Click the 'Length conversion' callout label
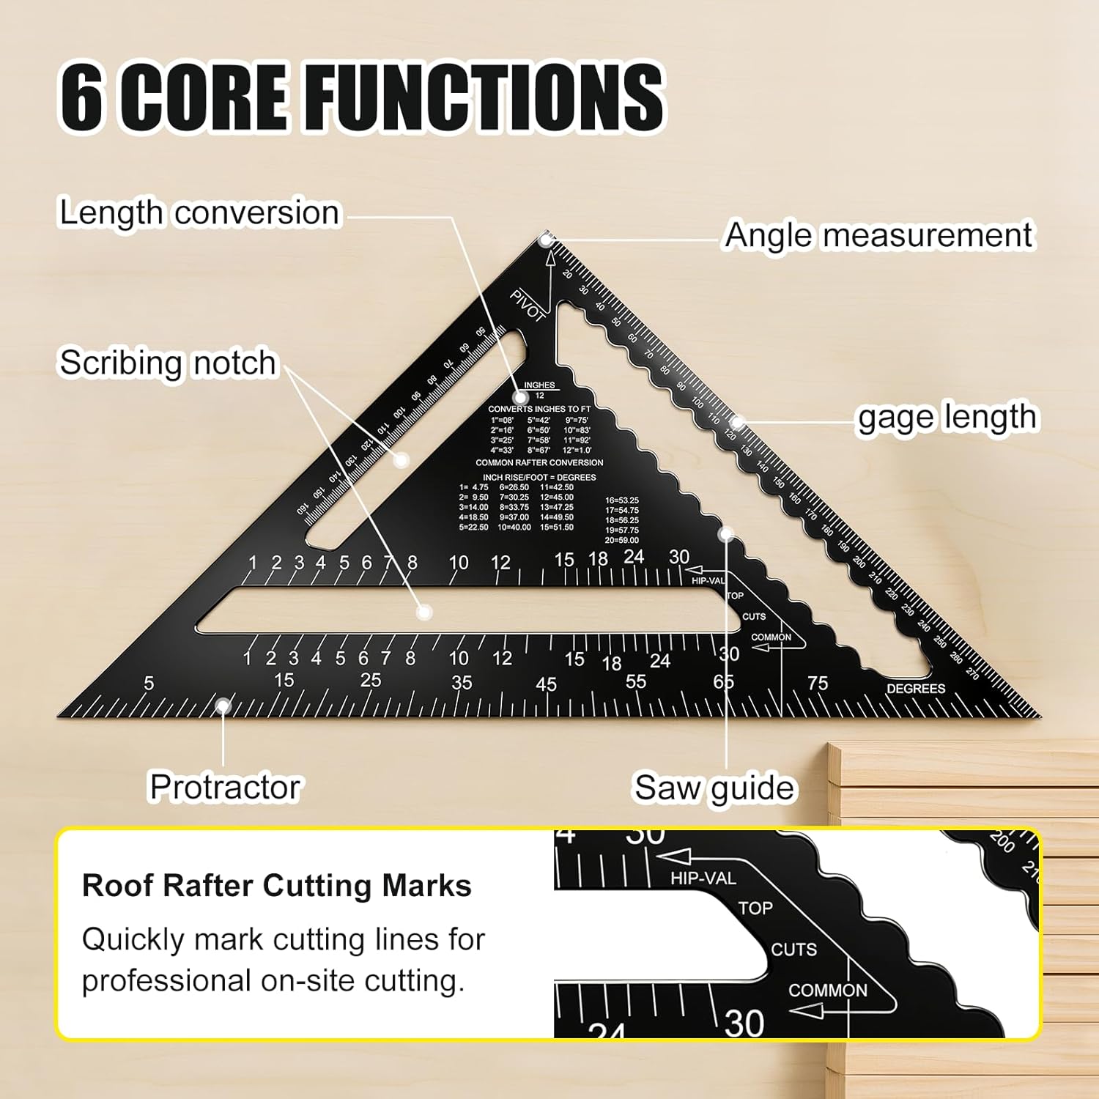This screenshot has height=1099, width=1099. coord(199,213)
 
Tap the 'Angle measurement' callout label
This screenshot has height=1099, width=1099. coord(878,236)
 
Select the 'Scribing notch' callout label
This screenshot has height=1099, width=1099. coord(168,363)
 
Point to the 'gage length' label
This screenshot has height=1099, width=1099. coord(947,418)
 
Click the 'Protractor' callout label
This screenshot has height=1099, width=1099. coord(225,787)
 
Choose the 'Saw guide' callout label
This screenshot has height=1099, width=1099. coord(714,788)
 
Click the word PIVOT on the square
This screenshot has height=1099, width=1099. coord(528,306)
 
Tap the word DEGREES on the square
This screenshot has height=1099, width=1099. coord(916,689)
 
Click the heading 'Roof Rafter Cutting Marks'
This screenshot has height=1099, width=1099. coord(276,885)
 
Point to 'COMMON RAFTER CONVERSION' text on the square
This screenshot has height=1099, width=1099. coord(539,463)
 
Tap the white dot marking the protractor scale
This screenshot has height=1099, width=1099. coord(223,706)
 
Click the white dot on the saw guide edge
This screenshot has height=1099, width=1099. coord(726,534)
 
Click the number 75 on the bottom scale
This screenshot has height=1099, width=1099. coord(818,684)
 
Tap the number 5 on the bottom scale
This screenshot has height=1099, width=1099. coord(149,684)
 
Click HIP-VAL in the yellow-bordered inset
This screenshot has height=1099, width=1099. coord(703,878)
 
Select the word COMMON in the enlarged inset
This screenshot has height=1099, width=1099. coord(828,991)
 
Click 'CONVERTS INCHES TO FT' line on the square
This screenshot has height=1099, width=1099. coord(539,409)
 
